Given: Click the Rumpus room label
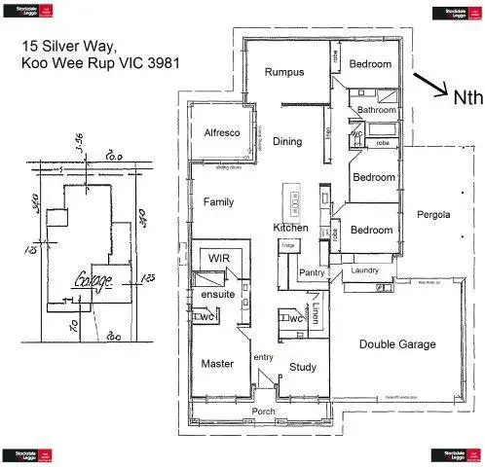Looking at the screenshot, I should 285,72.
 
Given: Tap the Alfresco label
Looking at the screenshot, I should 222,133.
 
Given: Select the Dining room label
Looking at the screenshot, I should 286,142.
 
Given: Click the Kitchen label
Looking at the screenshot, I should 290,228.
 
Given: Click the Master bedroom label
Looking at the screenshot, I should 217,363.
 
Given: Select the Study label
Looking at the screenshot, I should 303,367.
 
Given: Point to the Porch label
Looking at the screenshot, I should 263,412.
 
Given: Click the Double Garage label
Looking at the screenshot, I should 397,344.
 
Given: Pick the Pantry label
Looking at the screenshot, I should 312,272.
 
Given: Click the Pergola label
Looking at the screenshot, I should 433,214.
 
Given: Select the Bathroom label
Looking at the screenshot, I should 376,110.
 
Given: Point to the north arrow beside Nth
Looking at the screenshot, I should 429,85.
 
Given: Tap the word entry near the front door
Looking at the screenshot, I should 264,359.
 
